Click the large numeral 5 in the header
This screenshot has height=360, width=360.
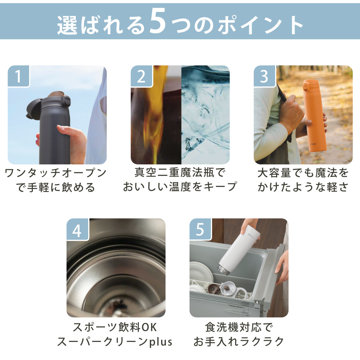pos(158,22)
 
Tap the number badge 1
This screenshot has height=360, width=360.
pos(19,76)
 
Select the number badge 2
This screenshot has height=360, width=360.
pos(141,76)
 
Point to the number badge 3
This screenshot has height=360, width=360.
pos(264,76)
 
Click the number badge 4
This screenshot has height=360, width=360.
pos(77,229)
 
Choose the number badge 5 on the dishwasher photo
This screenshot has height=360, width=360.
pos(200,229)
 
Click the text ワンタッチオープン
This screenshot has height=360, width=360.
pos(56,173)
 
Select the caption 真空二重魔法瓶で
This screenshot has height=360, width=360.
pos(180,173)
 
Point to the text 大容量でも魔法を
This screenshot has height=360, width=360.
pos(303,173)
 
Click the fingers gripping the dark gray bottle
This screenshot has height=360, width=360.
pos(72,138)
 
